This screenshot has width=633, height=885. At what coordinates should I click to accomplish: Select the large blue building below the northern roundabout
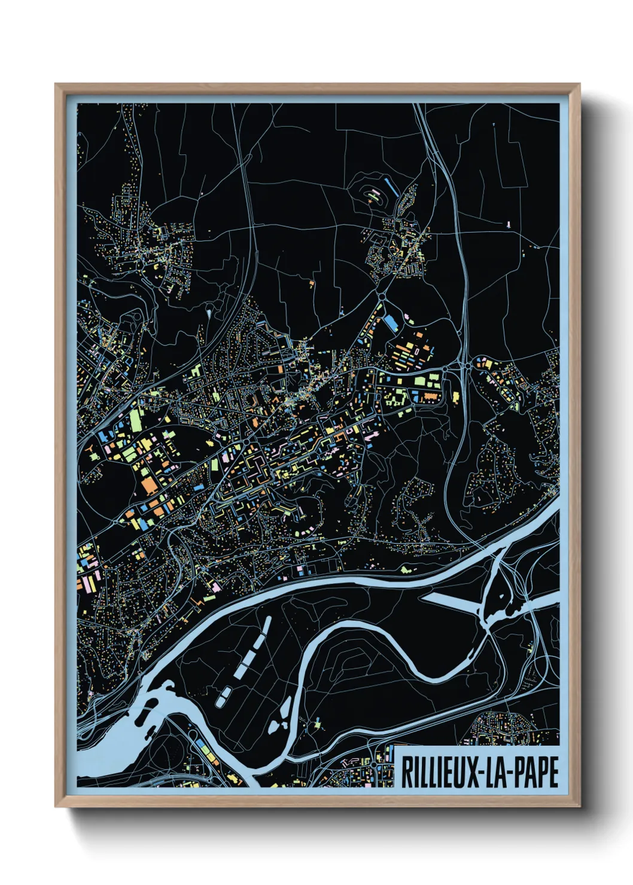click(391, 324)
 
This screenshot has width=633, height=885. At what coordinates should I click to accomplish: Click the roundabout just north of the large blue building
click(381, 295)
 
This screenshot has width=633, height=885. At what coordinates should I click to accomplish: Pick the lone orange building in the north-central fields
click(312, 281)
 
